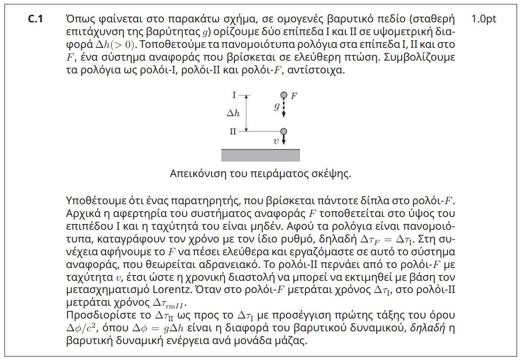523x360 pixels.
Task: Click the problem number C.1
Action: [35, 19]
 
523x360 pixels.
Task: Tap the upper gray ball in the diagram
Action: [284, 95]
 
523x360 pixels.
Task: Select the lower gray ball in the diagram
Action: [284, 131]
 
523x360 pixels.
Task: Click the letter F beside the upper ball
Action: [294, 95]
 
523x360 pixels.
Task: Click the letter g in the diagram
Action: [277, 106]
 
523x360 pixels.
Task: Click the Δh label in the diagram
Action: [233, 113]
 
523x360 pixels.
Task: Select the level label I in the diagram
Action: [234, 95]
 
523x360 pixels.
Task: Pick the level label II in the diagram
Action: [233, 131]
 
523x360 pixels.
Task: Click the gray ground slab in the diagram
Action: [261, 155]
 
